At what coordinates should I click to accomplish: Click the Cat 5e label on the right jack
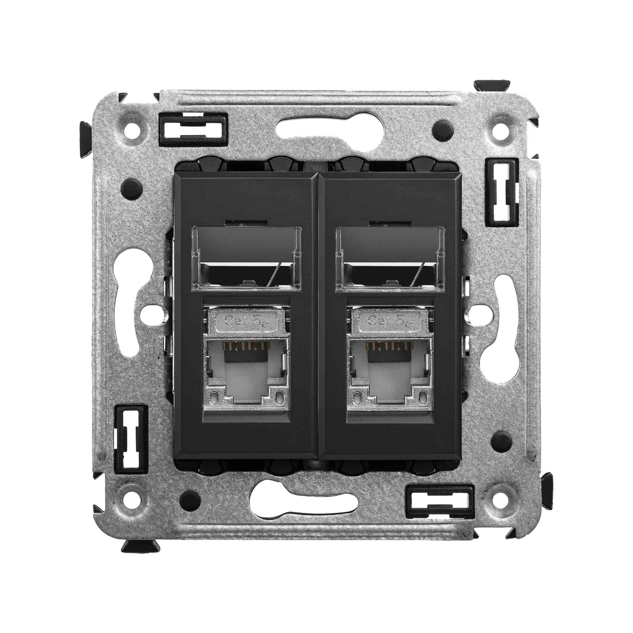coord(390,319)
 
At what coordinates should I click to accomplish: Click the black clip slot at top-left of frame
coord(193,129)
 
